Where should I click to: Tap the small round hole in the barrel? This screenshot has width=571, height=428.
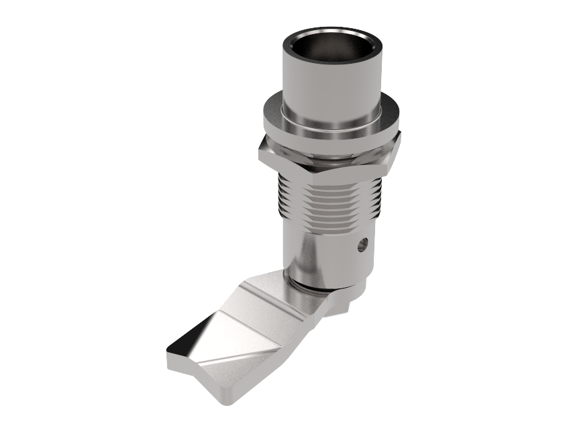362,245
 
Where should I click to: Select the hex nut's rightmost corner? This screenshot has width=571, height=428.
401,139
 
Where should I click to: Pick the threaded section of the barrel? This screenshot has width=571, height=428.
329,201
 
